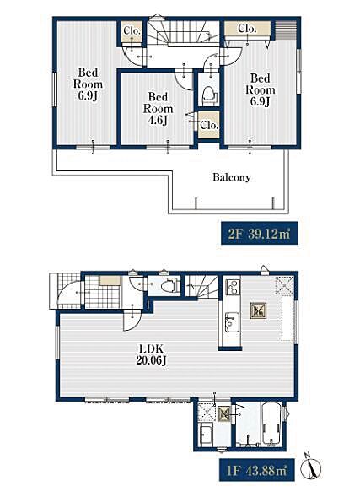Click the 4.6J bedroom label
158,109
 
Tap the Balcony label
232,177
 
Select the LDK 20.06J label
151,354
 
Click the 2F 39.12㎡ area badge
260,233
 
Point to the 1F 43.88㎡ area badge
257,470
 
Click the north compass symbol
311,467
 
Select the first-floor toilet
169,285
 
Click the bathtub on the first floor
271,424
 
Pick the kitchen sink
232,322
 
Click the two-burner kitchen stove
233,287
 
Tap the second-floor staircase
183,32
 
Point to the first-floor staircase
201,287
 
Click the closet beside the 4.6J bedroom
209,125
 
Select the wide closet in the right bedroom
248,29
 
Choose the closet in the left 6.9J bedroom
132,31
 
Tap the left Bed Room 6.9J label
88,84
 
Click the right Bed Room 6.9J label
261,90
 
